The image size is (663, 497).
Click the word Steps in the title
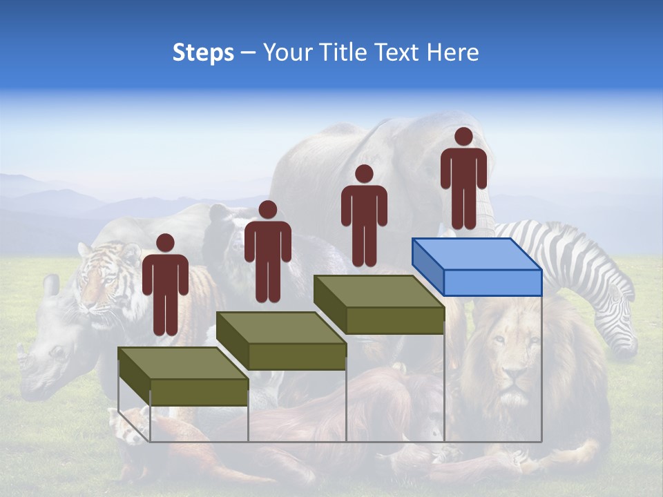tap(203, 52)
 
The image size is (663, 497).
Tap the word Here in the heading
tap(452, 52)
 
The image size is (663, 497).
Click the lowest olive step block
tap(183, 377)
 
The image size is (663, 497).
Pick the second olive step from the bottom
tap(281, 341)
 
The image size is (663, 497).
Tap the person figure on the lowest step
tap(165, 287)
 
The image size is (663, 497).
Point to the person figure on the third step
tap(364, 218)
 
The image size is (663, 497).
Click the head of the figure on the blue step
tap(463, 137)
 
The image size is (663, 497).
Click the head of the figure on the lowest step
tap(165, 243)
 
